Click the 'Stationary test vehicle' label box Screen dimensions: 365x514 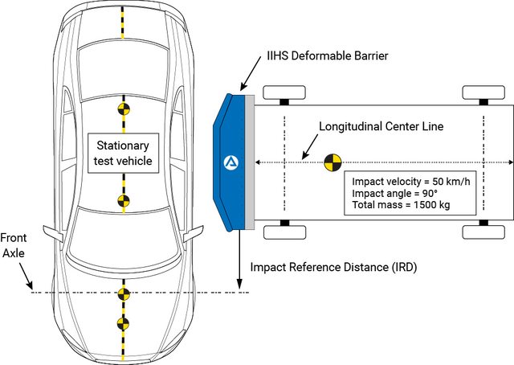(x=124, y=153)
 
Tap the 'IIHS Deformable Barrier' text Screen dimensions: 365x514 (x=327, y=56)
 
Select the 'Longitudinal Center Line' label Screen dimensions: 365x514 (x=381, y=127)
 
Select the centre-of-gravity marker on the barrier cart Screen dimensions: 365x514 (x=331, y=163)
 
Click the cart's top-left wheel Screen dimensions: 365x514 (x=284, y=93)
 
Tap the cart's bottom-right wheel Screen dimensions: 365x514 (x=484, y=232)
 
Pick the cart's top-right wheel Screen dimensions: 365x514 (x=484, y=93)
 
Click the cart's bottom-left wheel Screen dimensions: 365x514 (x=284, y=232)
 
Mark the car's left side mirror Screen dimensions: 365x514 (x=54, y=234)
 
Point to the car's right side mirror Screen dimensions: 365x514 (x=193, y=234)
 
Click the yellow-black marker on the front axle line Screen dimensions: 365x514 (x=123, y=292)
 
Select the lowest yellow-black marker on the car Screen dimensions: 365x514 (x=123, y=324)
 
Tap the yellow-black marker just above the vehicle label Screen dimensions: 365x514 (x=123, y=107)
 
